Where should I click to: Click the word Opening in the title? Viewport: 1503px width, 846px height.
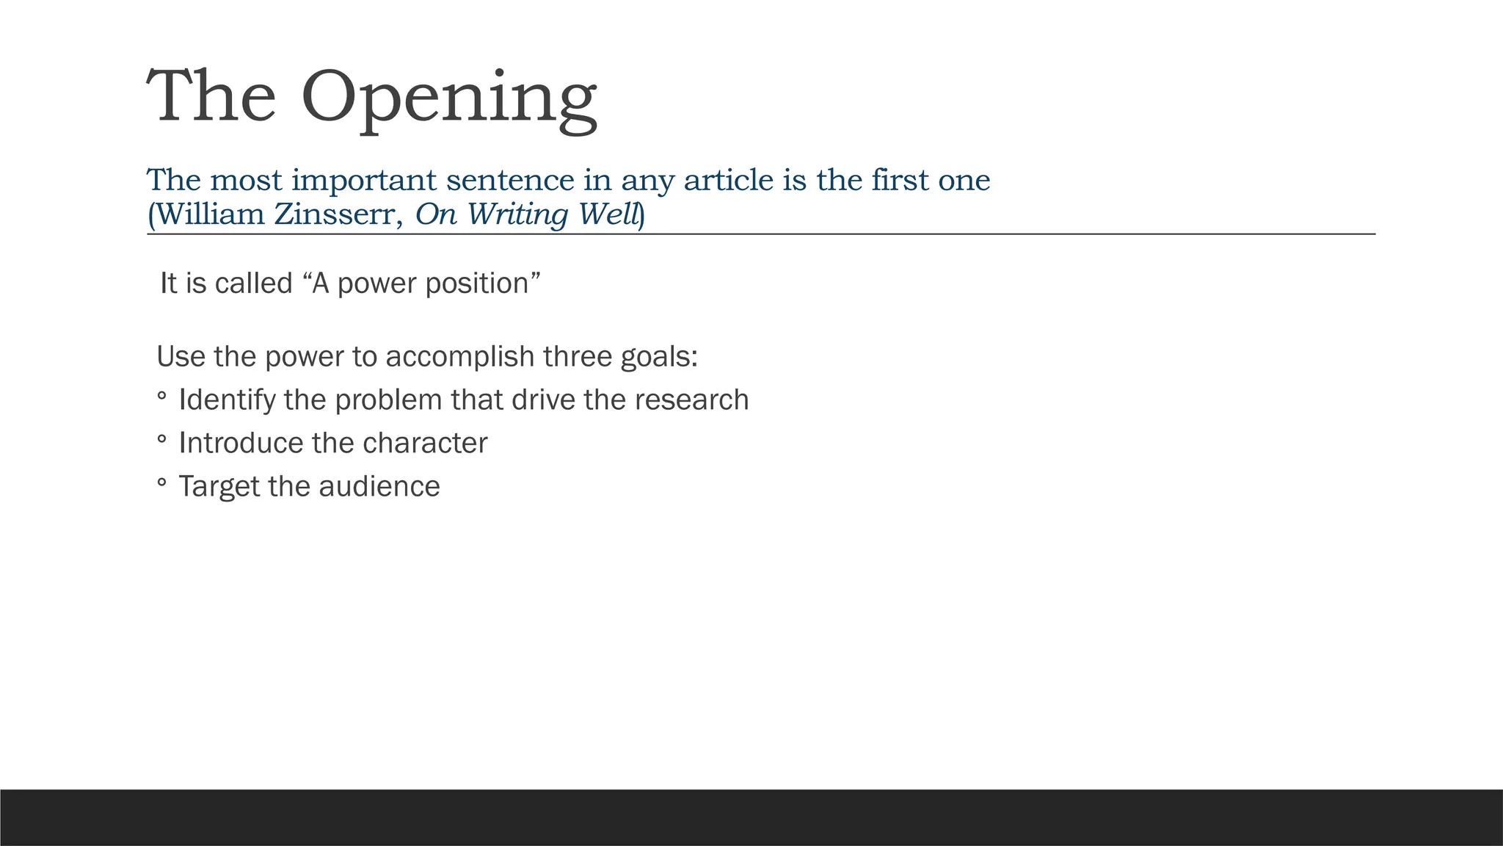pyautogui.click(x=448, y=98)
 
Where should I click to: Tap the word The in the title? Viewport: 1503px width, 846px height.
pyautogui.click(x=211, y=97)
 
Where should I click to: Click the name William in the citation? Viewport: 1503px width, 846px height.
pyautogui.click(x=211, y=214)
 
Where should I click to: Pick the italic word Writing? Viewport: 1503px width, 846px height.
pyautogui.click(x=517, y=214)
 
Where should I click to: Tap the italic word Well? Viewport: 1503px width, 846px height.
pyautogui.click(x=609, y=214)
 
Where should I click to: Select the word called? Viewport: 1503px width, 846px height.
pyautogui.click(x=254, y=283)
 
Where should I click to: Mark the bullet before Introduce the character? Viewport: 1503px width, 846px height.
pyautogui.click(x=161, y=440)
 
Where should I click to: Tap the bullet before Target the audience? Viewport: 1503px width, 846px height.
pyautogui.click(x=161, y=483)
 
